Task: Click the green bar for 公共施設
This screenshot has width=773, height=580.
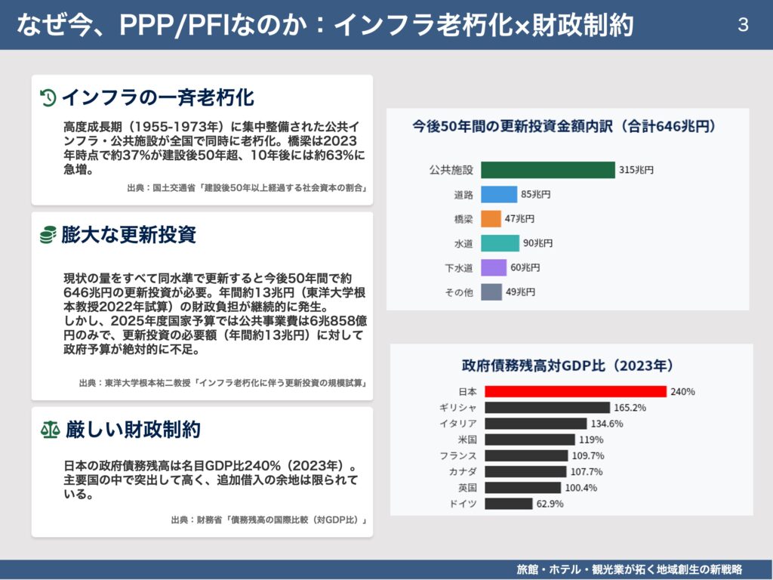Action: (x=547, y=170)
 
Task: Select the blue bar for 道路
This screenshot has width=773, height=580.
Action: (x=499, y=194)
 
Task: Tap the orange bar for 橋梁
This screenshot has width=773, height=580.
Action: (x=491, y=219)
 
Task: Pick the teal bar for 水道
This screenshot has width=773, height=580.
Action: (x=500, y=243)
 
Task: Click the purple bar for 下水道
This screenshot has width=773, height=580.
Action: (x=494, y=267)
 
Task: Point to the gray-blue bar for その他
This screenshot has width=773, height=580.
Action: (x=491, y=292)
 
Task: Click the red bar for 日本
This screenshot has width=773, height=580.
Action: (x=575, y=391)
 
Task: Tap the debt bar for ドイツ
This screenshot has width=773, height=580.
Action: (x=508, y=504)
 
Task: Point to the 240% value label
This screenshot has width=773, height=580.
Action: (x=682, y=392)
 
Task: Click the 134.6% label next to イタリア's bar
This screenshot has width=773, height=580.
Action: (x=608, y=424)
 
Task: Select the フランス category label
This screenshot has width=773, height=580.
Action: (x=458, y=455)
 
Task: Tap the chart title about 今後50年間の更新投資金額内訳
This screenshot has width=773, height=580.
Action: (x=564, y=126)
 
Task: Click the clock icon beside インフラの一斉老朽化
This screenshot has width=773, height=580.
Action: (x=48, y=97)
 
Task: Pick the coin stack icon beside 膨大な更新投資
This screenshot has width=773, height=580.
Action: (x=48, y=235)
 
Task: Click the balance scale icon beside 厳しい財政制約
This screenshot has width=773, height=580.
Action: (x=49, y=430)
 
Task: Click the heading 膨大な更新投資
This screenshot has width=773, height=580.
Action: (x=129, y=235)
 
